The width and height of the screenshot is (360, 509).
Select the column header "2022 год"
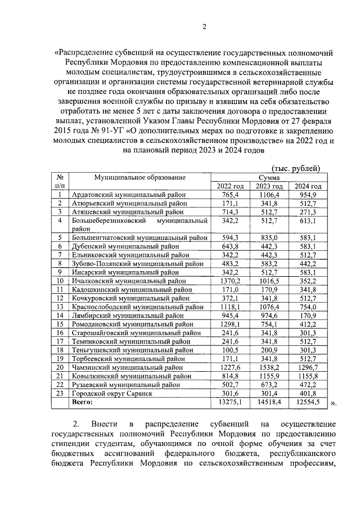[x=231, y=186]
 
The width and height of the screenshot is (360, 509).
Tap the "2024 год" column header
[x=308, y=186]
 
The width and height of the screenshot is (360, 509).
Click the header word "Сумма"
[x=269, y=177]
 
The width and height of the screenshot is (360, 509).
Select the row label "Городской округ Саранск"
[x=112, y=394]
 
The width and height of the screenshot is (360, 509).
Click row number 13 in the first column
[x=60, y=307]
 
